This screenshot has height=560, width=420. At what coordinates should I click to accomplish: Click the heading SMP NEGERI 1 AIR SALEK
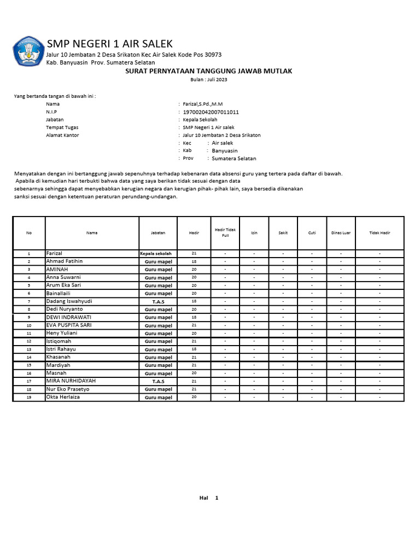(x=109, y=44)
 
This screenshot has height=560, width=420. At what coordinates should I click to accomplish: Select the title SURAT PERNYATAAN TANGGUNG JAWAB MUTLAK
(x=209, y=71)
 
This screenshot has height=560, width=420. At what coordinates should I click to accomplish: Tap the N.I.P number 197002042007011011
(x=211, y=112)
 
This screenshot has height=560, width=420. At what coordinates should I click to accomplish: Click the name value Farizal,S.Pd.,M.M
(x=202, y=104)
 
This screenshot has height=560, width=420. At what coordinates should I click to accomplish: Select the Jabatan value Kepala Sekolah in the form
(x=200, y=120)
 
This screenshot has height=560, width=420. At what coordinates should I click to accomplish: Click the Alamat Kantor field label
(x=62, y=135)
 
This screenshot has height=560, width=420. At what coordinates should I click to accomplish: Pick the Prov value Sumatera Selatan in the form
(x=234, y=159)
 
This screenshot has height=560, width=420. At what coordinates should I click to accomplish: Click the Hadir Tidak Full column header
(x=225, y=232)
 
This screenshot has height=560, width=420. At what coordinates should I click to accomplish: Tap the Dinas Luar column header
(x=341, y=232)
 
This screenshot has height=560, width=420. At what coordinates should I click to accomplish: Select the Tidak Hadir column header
(x=380, y=232)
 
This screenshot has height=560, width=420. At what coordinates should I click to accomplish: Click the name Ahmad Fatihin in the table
(x=65, y=261)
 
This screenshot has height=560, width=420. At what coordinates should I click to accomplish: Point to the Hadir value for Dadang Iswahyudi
(x=194, y=301)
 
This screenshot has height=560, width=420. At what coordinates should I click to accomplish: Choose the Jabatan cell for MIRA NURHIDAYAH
(x=158, y=381)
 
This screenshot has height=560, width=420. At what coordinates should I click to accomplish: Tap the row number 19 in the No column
(x=29, y=397)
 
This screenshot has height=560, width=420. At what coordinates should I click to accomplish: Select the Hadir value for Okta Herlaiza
(x=194, y=397)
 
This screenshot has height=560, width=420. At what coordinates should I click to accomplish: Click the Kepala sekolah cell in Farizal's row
(x=156, y=254)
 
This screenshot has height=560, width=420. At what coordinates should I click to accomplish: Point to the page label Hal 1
(x=209, y=498)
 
